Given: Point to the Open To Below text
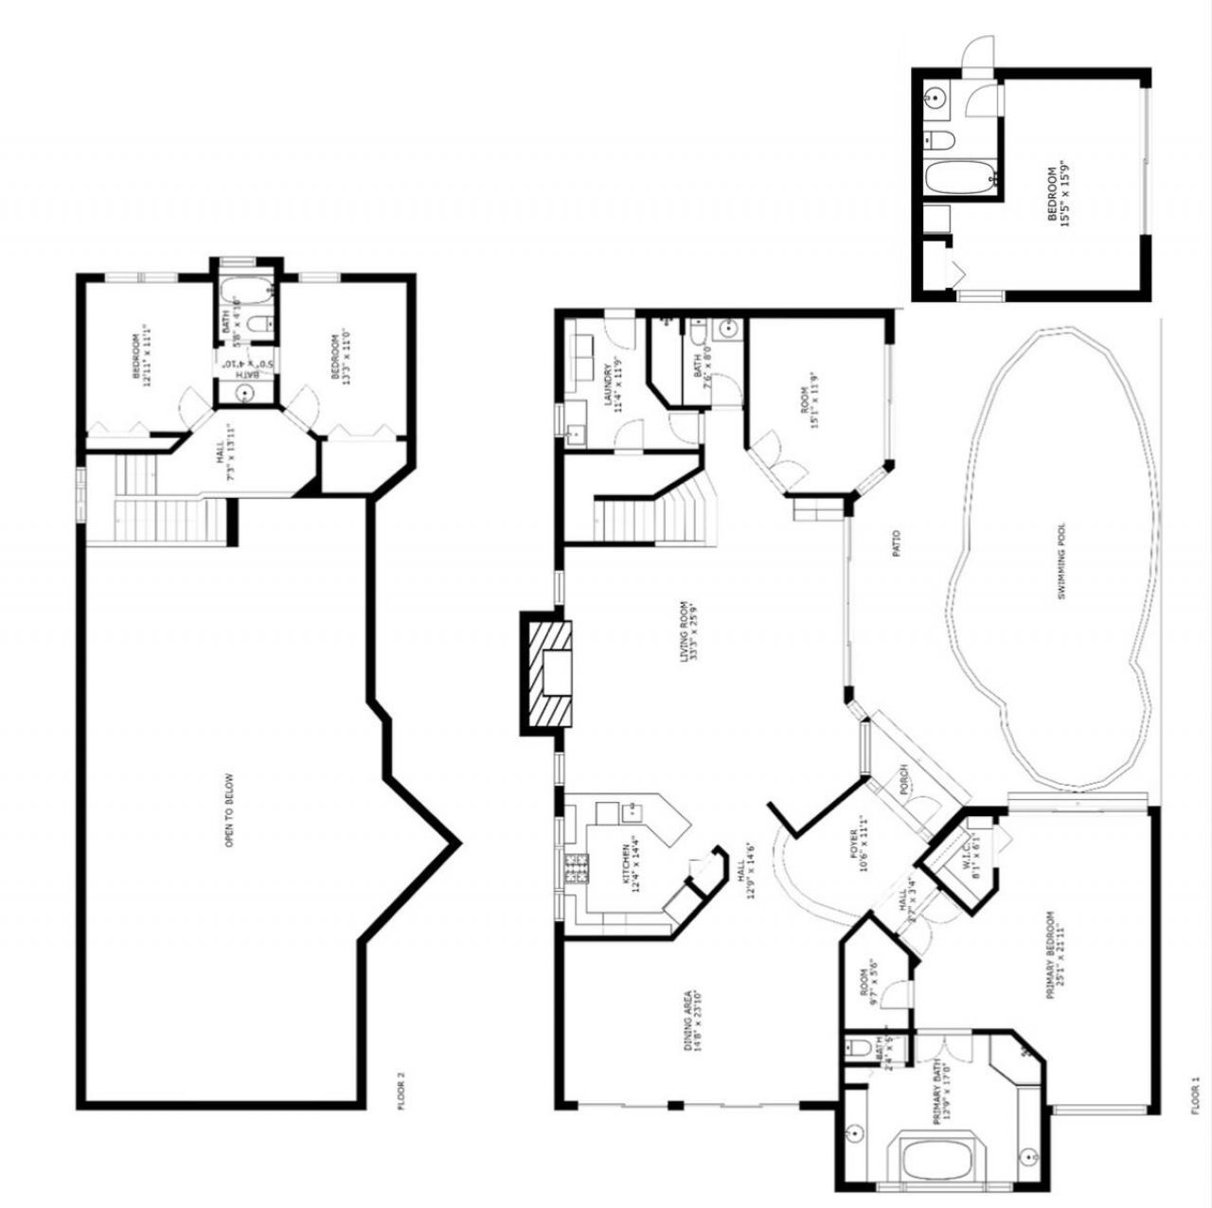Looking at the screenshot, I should (230, 811).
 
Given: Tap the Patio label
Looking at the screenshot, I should (896, 542).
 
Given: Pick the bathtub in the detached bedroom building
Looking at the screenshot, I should (959, 177).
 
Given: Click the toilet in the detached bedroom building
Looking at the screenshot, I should (941, 141).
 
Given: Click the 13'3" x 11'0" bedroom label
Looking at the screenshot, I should (340, 356).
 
